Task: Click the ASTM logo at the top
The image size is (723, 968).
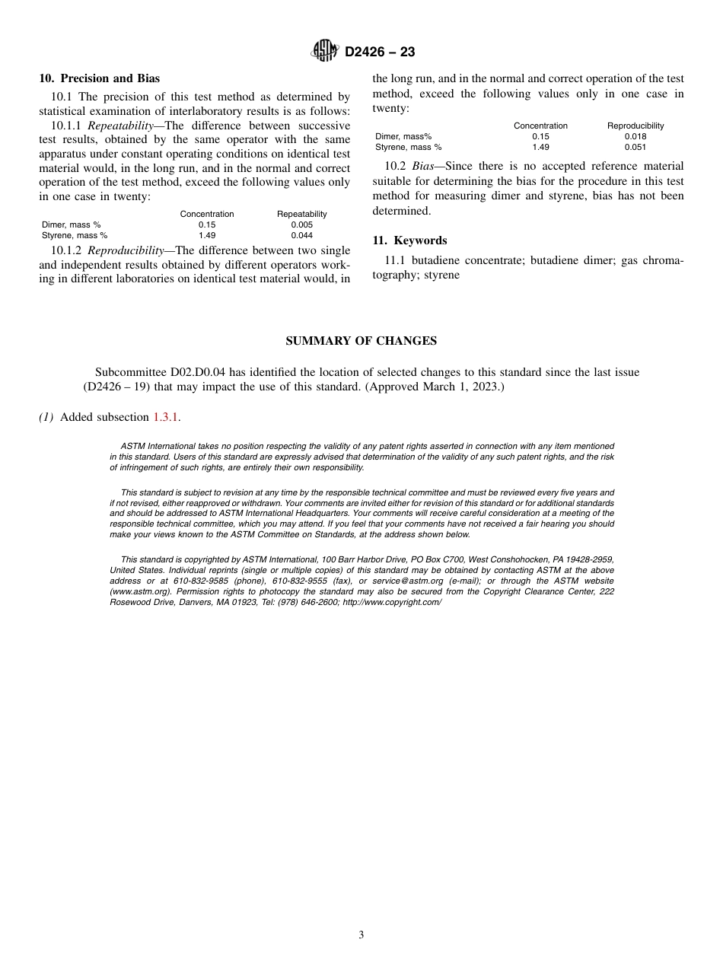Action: (x=325, y=52)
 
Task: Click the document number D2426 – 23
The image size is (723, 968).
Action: (x=380, y=53)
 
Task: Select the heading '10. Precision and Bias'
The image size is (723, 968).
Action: (x=99, y=78)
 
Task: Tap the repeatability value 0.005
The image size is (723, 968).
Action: (x=301, y=224)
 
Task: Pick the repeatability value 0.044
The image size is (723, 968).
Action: (x=301, y=235)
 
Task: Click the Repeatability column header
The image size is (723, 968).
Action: (x=301, y=214)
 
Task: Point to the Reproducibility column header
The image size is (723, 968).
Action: (x=635, y=126)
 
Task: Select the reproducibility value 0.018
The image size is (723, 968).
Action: (x=635, y=136)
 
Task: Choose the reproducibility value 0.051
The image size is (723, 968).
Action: (x=635, y=147)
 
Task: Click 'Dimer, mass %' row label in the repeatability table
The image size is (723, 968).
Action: (x=71, y=224)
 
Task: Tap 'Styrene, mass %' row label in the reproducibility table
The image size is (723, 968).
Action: (x=408, y=147)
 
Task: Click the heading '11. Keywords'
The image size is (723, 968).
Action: (x=409, y=240)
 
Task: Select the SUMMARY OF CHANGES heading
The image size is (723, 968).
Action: (x=361, y=341)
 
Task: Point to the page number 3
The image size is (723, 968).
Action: (x=361, y=935)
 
